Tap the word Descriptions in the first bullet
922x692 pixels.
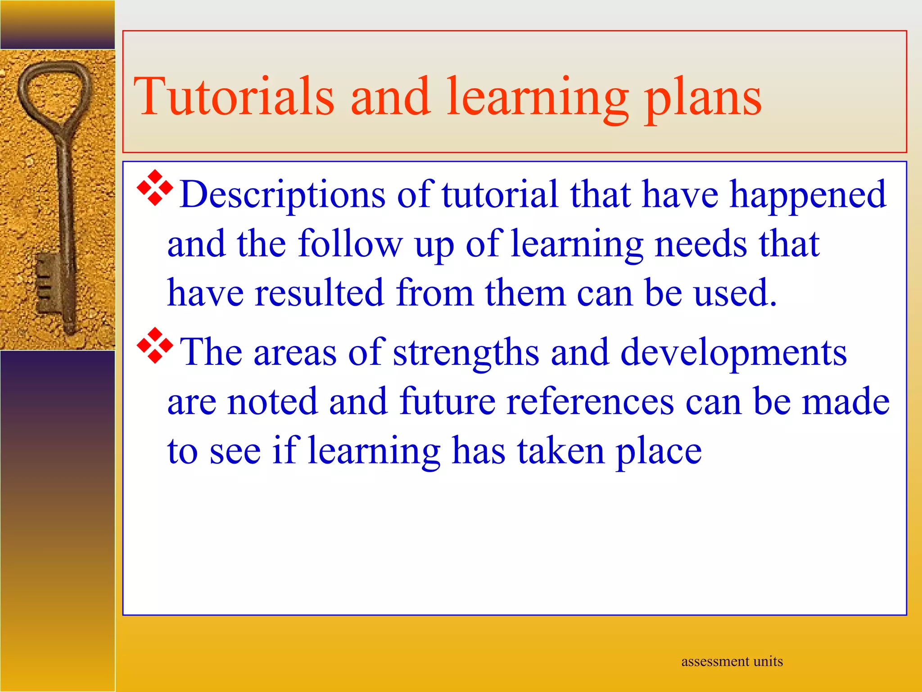pos(282,195)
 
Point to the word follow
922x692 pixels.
pos(350,244)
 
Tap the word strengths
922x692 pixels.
pos(466,353)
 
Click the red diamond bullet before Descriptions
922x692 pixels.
pos(154,188)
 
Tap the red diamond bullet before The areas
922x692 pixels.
pos(154,346)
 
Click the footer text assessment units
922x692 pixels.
pos(732,661)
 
